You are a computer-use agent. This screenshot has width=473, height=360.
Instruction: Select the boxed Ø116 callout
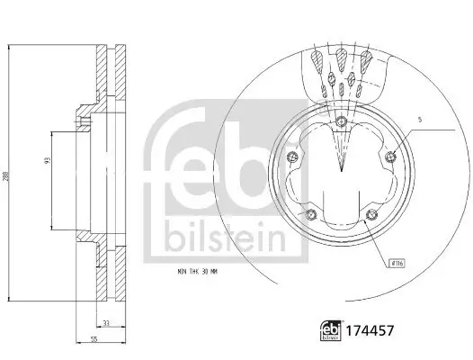point(395,263)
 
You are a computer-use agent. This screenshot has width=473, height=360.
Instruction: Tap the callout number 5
point(418,119)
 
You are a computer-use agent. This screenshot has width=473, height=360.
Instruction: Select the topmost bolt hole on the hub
point(341,123)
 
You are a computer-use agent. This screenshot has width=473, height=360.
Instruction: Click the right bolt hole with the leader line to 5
point(390,158)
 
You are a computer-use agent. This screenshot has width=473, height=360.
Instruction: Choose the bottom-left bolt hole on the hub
point(310,214)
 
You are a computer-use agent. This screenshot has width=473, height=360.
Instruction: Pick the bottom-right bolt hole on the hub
point(371,214)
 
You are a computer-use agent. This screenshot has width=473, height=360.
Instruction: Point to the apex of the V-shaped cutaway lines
point(341,168)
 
